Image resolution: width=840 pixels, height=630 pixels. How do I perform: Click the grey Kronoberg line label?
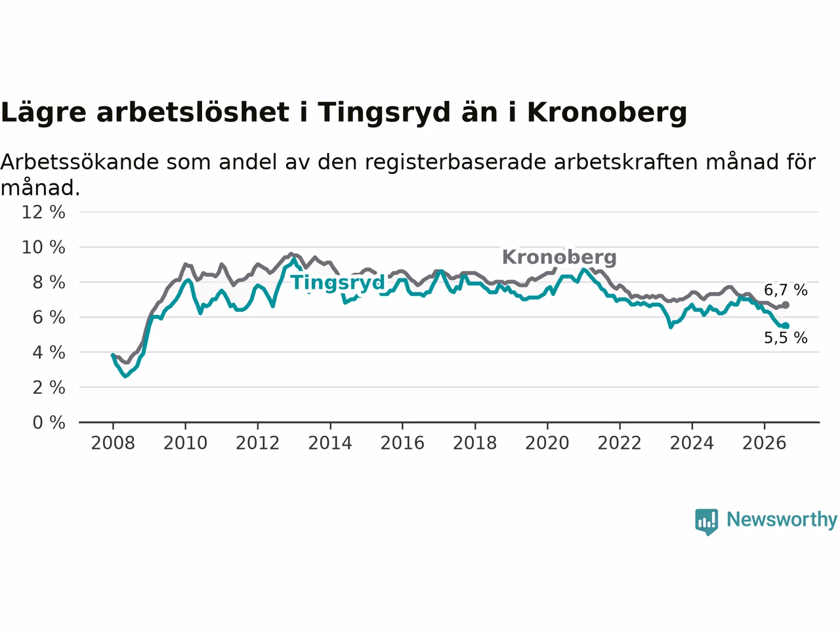coord(558,257)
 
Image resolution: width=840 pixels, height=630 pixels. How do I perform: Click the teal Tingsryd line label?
coord(338,283)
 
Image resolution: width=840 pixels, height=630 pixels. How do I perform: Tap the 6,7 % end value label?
coord(786,290)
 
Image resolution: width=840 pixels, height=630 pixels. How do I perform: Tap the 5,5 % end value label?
coord(786,338)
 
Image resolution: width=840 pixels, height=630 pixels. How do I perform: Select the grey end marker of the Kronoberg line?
coord(786,305)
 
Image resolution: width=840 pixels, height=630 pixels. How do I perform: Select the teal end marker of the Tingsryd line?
coord(786,325)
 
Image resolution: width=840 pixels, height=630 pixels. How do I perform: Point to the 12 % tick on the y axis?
coord(43,212)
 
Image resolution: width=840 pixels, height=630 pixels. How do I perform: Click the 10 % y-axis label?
coord(43,247)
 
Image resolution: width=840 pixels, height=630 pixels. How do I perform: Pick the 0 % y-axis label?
coord(49,423)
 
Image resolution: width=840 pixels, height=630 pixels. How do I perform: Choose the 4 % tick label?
coord(49,352)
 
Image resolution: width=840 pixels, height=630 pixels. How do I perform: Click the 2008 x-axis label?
coord(113,444)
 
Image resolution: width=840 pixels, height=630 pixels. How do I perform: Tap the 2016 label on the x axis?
coord(402,444)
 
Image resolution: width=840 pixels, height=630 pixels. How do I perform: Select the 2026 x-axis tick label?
coord(765,444)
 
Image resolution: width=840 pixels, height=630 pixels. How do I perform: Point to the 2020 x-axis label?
coord(547,444)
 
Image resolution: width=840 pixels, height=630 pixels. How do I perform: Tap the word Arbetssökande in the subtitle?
coord(79,162)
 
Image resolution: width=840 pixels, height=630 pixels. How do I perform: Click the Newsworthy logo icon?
coord(706,522)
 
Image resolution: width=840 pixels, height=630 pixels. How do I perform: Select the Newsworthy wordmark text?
coord(782,520)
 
